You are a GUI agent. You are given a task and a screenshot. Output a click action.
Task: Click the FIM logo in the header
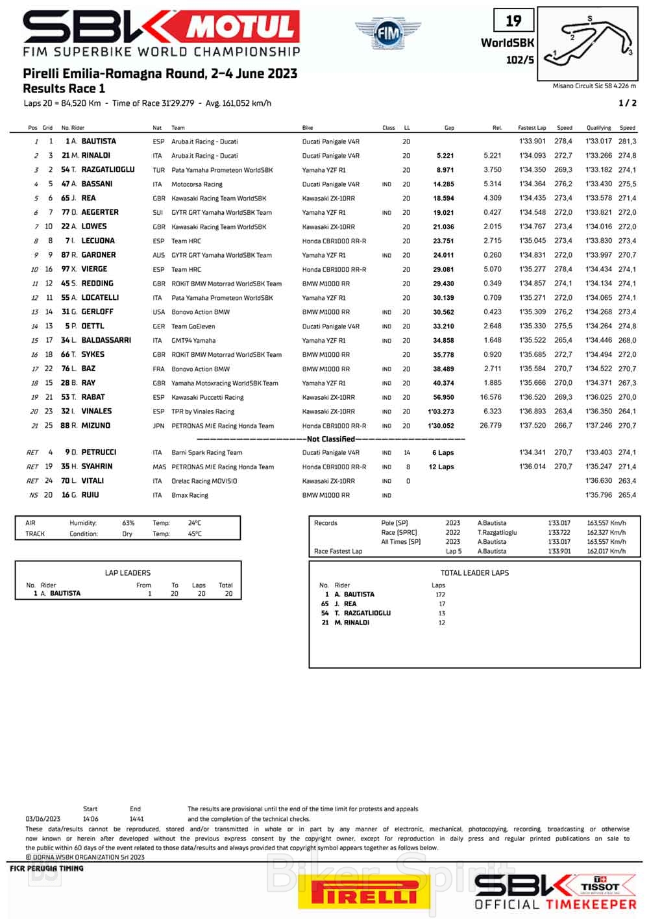point(387,33)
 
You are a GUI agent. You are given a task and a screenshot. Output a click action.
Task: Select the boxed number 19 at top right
point(513,21)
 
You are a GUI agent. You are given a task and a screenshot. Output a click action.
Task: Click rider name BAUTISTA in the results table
point(99,141)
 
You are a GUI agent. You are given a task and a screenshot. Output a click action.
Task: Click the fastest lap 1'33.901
point(532,141)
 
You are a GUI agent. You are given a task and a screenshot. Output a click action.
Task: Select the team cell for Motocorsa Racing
point(197,184)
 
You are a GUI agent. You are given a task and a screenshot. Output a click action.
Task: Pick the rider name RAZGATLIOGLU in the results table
point(108,170)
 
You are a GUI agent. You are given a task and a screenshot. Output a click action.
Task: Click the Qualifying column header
point(598,128)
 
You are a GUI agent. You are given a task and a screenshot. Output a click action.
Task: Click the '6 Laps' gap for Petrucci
point(443,453)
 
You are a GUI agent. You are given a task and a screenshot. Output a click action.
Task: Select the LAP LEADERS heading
point(127,573)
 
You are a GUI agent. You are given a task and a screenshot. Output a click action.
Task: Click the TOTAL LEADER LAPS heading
point(474,573)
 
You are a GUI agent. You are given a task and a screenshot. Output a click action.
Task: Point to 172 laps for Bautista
point(440,594)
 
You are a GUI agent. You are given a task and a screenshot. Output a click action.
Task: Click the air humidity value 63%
point(129,523)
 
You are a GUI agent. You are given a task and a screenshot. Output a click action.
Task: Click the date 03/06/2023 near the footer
point(43,819)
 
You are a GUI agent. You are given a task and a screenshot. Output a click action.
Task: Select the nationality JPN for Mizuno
point(158,426)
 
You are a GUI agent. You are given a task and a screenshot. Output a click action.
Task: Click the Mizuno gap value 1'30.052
point(441,426)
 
